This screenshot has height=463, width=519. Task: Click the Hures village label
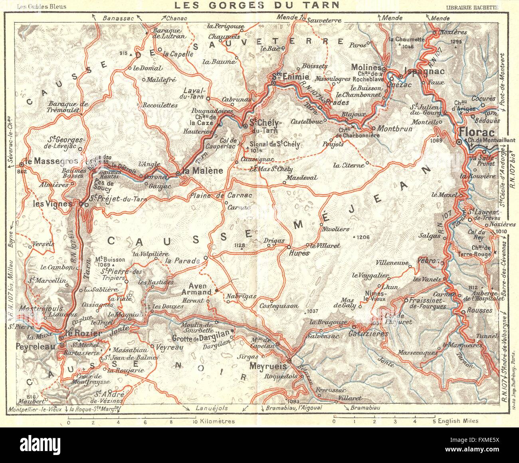coord(298,253)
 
